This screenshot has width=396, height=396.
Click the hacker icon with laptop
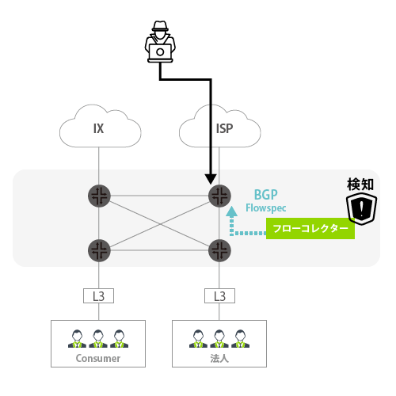[x=160, y=41]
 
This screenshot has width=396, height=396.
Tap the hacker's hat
[x=160, y=26]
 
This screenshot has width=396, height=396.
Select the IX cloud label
[x=98, y=128]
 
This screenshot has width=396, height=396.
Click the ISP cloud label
[x=224, y=128]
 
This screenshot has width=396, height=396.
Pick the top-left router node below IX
[x=99, y=196]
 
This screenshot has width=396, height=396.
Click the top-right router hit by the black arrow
[x=219, y=196]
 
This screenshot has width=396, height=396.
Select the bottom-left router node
[x=99, y=250]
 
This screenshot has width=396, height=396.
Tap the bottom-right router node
[x=219, y=250]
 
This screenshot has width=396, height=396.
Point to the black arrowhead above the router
[x=211, y=179]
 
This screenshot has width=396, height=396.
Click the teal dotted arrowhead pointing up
[x=231, y=211]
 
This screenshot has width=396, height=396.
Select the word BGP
[x=265, y=195]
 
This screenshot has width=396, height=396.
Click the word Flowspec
[x=266, y=208]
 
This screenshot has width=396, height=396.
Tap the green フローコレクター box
[x=310, y=229]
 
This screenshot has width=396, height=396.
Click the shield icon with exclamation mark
[x=361, y=208]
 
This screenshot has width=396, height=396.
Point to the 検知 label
[x=360, y=185]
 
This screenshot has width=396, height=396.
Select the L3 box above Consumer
[x=98, y=295]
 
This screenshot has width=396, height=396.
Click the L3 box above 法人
[x=219, y=295]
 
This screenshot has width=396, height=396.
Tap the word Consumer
[x=98, y=358]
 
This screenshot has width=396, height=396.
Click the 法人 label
[x=219, y=358]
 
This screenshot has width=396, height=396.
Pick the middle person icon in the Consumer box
[x=98, y=338]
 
